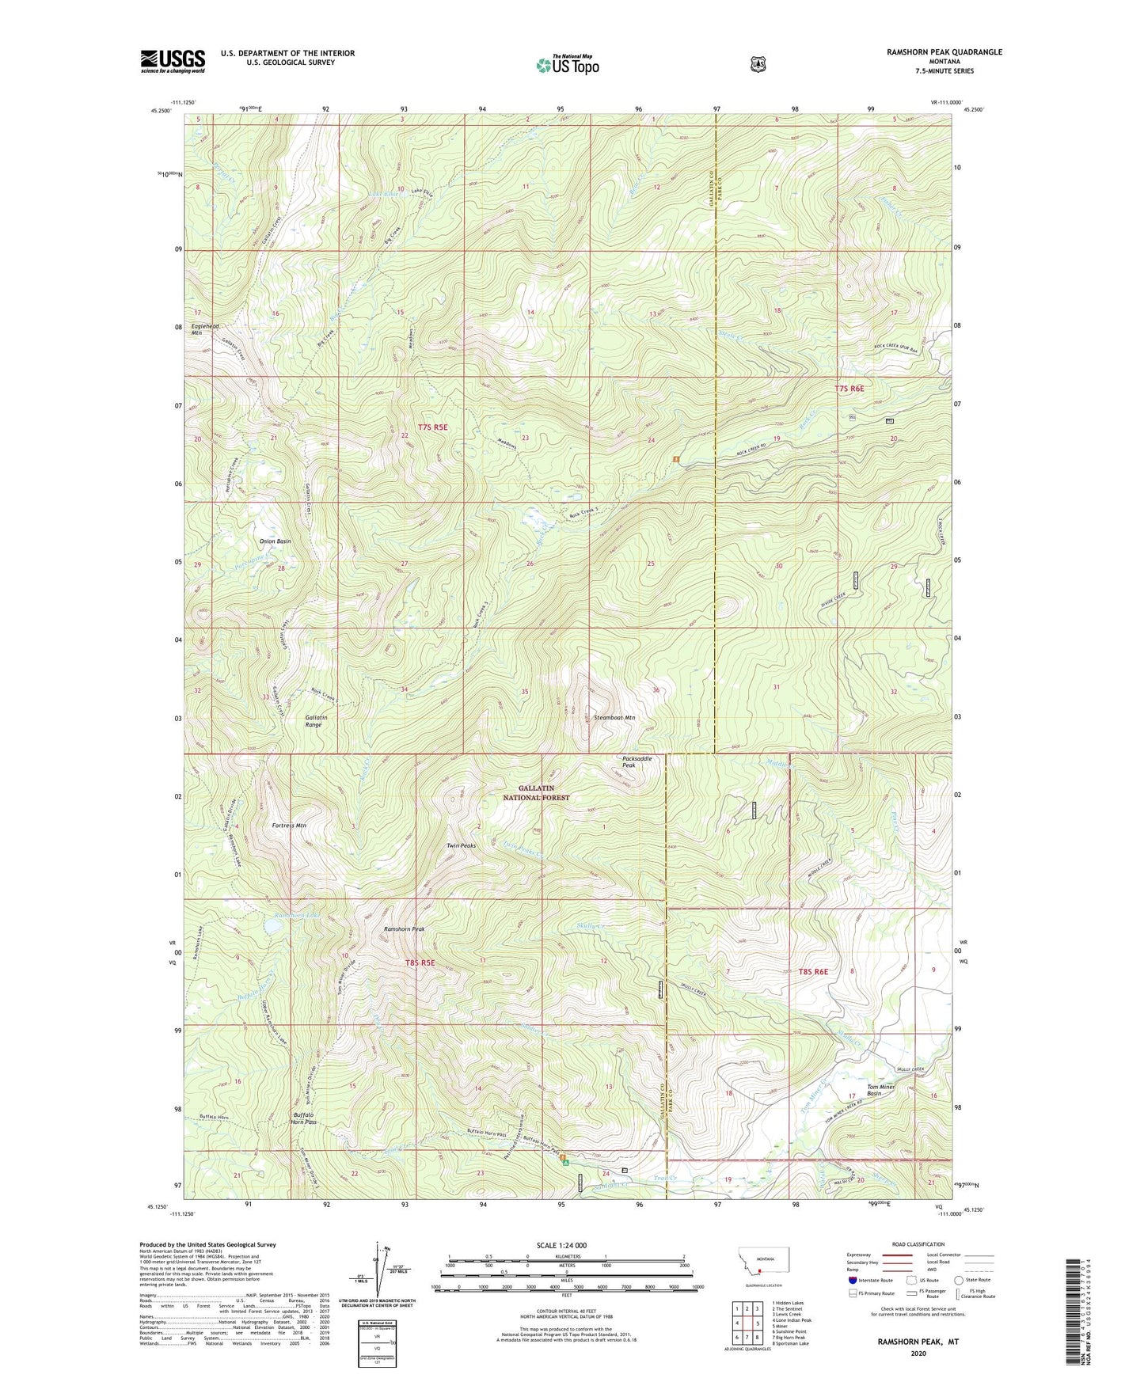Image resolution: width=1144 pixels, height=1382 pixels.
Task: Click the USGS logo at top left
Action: (173, 61)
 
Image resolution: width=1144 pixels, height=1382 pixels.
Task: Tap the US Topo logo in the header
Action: (567, 65)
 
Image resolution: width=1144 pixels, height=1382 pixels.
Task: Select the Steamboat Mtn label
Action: (614, 717)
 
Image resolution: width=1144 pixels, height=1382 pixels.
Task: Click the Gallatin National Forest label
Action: (543, 793)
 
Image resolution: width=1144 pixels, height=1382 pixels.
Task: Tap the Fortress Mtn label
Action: (289, 825)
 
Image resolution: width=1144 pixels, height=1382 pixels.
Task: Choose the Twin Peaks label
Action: (461, 845)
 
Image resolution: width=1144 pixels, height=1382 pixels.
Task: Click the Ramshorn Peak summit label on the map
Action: (404, 928)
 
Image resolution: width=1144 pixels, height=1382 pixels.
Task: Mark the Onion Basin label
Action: (275, 541)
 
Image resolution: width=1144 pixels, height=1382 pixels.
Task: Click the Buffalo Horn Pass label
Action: (300, 1119)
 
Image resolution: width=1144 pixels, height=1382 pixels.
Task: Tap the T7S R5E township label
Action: (433, 427)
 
